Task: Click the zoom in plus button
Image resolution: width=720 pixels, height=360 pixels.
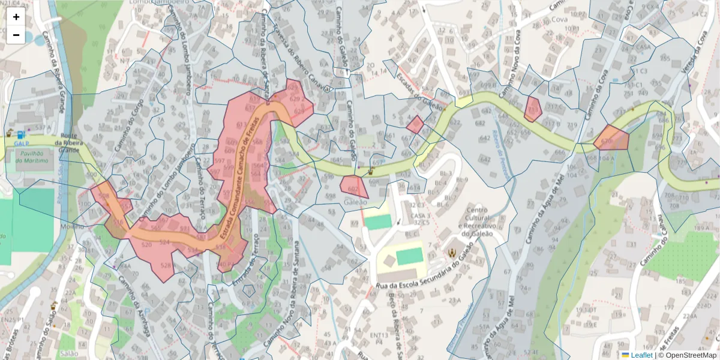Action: click(x=16, y=17)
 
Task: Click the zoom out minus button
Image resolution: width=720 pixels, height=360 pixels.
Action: click(x=16, y=35)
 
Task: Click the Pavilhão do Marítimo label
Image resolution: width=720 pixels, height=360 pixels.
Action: click(x=34, y=158)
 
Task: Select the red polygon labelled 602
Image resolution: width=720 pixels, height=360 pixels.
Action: click(x=353, y=186)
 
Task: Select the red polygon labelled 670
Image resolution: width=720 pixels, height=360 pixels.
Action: click(x=612, y=139)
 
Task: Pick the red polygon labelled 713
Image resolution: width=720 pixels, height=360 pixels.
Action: click(x=532, y=109)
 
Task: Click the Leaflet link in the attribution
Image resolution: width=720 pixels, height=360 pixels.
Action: click(x=641, y=355)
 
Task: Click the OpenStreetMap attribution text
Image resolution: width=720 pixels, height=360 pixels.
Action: click(x=689, y=355)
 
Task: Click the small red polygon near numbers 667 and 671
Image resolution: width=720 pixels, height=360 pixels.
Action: click(x=415, y=125)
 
